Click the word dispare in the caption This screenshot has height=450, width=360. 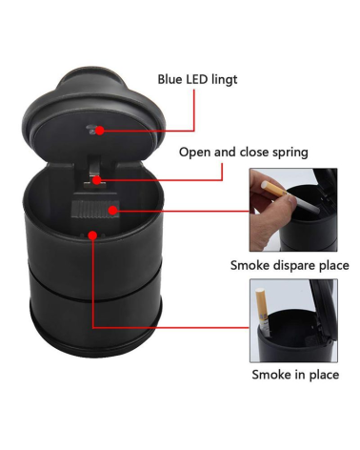tap(291, 266)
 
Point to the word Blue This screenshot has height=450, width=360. tap(170, 79)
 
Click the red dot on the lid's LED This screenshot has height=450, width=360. tap(100, 131)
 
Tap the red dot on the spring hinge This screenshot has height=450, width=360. tap(97, 180)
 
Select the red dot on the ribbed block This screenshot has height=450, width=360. tap(112, 210)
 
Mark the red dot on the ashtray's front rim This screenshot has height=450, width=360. tap(92, 235)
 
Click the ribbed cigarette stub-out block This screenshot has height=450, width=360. tap(94, 210)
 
